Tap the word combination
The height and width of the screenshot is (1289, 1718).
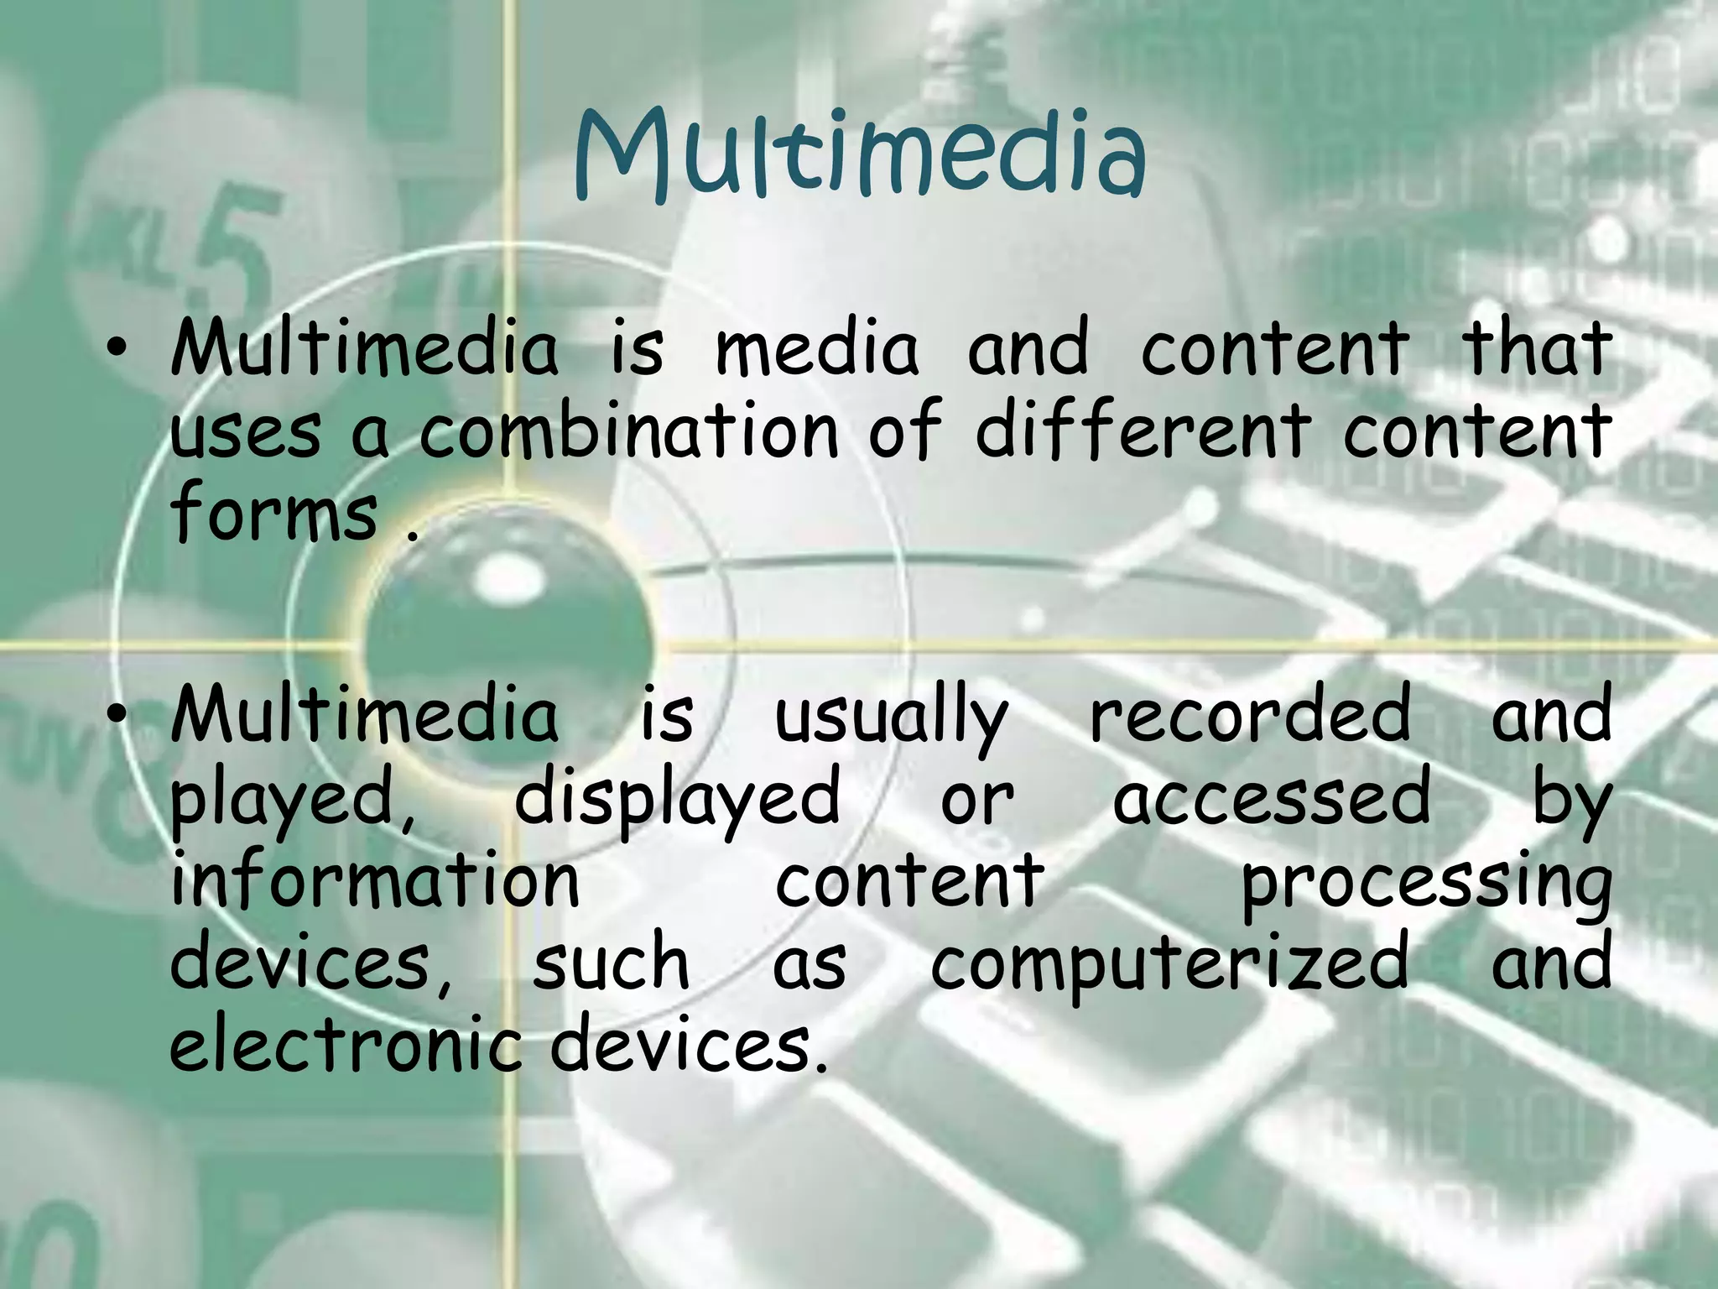(629, 431)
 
